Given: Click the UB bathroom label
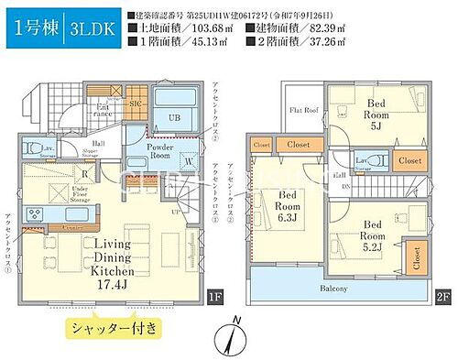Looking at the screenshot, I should pyautogui.click(x=173, y=117).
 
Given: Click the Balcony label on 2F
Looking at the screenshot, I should pyautogui.click(x=333, y=289).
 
